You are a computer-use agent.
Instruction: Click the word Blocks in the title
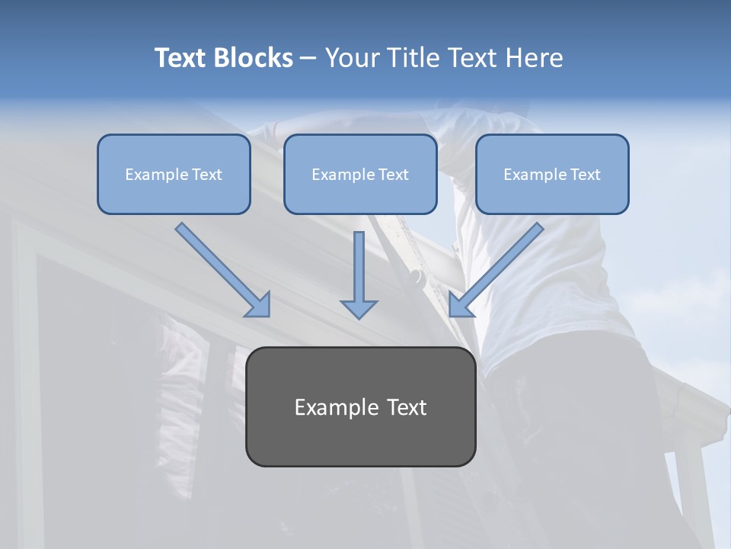254,58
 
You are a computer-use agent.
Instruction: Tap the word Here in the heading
533,58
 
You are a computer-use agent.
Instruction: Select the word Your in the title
352,58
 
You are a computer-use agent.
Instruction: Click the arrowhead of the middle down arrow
359,308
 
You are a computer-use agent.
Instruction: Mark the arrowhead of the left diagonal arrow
258,304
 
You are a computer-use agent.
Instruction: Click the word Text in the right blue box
585,175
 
